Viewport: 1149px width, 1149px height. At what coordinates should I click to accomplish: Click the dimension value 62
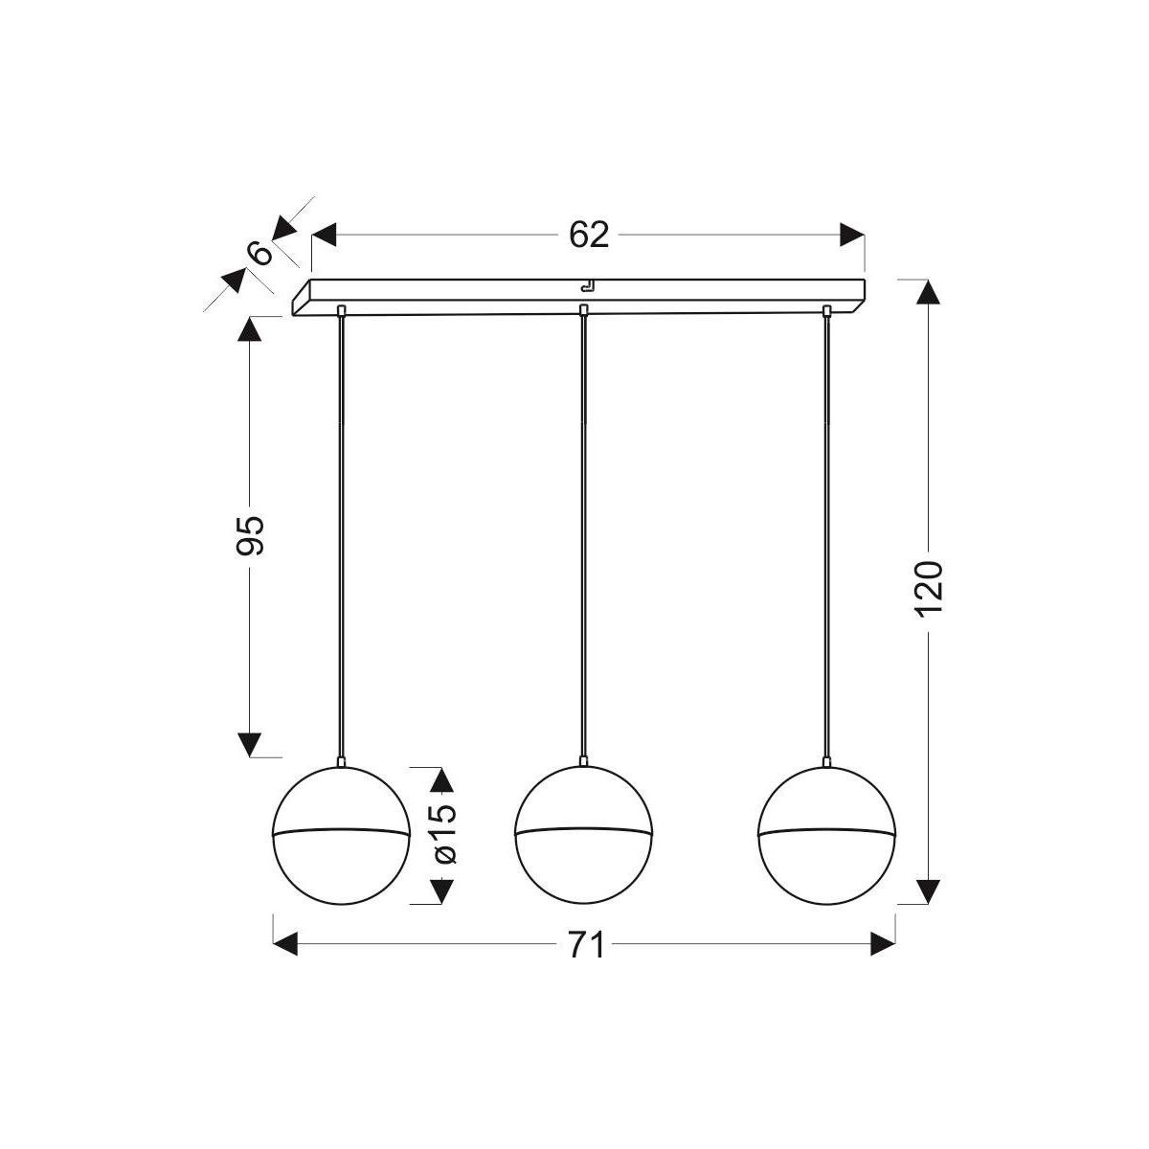click(x=589, y=235)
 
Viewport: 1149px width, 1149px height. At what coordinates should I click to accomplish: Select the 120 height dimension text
click(x=929, y=589)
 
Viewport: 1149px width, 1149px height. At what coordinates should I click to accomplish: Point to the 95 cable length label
click(x=250, y=535)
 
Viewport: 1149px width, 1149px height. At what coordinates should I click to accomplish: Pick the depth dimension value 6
click(x=260, y=254)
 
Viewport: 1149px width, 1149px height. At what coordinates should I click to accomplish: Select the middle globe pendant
click(x=583, y=834)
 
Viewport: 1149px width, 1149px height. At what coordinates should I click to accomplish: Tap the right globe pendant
click(x=826, y=834)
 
